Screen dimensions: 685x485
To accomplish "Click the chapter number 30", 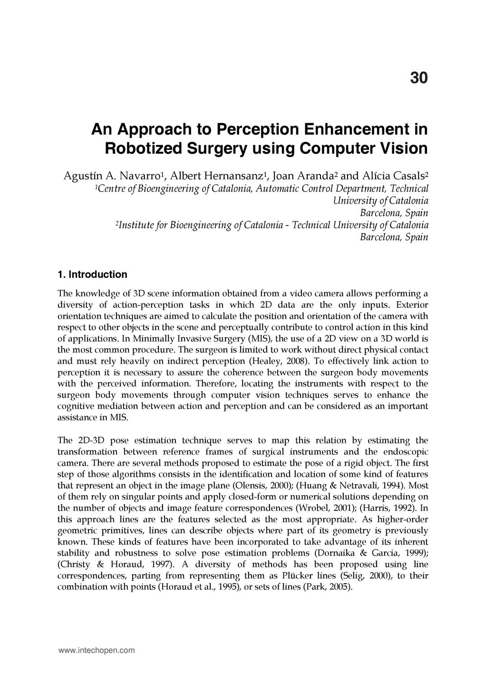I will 418,78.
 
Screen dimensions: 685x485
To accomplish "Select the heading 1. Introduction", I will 92,274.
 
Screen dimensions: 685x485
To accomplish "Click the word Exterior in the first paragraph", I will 412,304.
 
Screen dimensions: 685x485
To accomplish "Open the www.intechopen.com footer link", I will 97,650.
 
